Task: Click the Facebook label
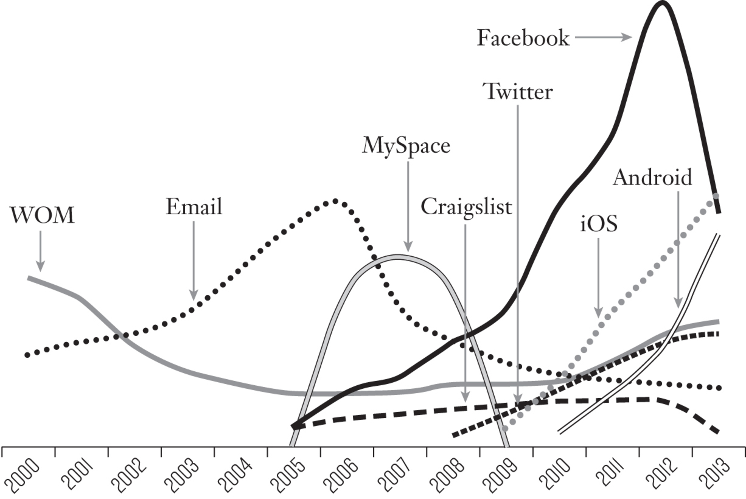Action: point(523,38)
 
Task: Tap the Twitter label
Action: point(518,91)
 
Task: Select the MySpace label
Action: point(406,146)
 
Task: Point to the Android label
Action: point(653,177)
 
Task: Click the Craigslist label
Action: point(466,207)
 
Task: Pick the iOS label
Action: point(599,224)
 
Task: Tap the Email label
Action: point(194,207)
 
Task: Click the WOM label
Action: point(42,215)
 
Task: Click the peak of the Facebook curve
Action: point(662,3)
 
